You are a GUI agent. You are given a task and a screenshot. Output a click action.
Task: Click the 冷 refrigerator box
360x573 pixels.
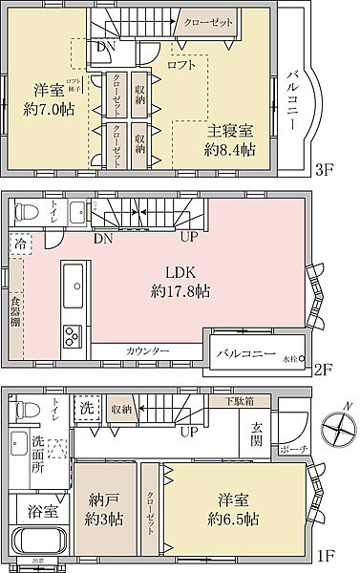[x=20, y=245]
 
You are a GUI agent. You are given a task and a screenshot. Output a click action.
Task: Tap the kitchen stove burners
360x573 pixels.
[x=74, y=335]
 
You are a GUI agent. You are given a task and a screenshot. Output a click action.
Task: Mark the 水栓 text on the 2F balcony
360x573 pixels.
[x=290, y=359]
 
